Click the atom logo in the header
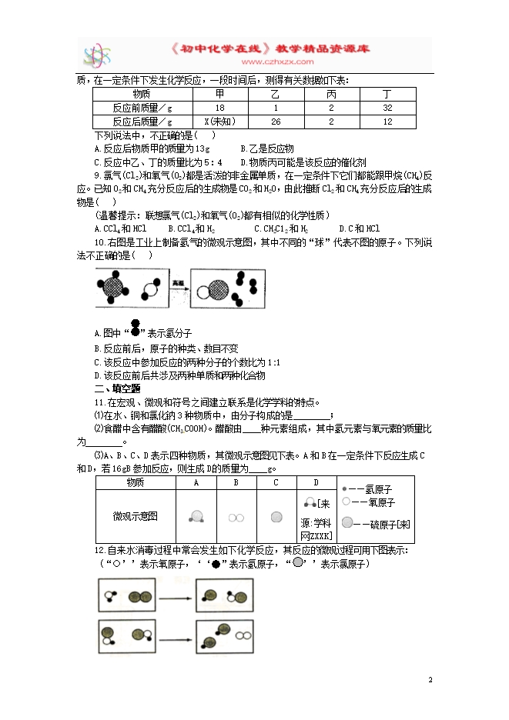pyautogui.click(x=100, y=54)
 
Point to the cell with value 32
pyautogui.click(x=387, y=108)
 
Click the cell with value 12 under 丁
pyautogui.click(x=387, y=122)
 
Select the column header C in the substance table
pyautogui.click(x=276, y=482)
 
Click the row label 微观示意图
pyautogui.click(x=135, y=516)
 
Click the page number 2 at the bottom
pyautogui.click(x=430, y=680)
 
